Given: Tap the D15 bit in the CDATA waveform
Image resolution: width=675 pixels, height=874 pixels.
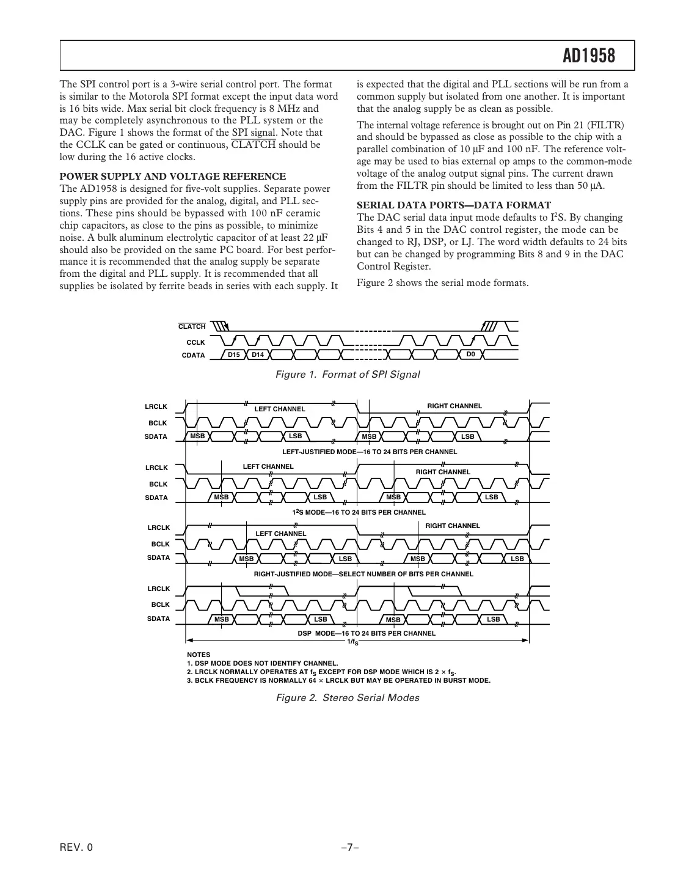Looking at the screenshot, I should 233,355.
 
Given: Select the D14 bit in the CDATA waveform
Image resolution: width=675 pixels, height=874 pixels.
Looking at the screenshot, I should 257,355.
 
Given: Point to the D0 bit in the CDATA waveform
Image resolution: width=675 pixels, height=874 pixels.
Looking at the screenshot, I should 470,354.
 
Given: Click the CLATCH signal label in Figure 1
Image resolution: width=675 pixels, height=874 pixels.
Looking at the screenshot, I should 192,327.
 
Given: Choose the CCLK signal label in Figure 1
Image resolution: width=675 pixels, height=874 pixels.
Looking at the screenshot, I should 195,343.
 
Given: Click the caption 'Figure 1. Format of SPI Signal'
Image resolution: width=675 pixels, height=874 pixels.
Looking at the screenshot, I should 348,374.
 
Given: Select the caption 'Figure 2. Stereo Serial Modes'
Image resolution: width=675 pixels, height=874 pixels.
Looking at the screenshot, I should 348,697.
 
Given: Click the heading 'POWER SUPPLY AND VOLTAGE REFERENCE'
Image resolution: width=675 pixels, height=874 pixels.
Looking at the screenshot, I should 172,177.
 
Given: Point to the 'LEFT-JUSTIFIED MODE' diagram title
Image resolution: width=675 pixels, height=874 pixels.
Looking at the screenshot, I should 369,452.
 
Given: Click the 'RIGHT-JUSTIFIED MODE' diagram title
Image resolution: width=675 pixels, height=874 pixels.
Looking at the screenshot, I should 363,574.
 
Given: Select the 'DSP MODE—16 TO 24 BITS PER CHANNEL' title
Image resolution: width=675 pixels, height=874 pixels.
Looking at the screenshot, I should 367,633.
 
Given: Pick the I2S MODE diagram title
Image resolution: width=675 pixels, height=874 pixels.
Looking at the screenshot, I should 359,512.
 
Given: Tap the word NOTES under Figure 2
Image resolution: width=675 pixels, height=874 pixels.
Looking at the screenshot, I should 199,655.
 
